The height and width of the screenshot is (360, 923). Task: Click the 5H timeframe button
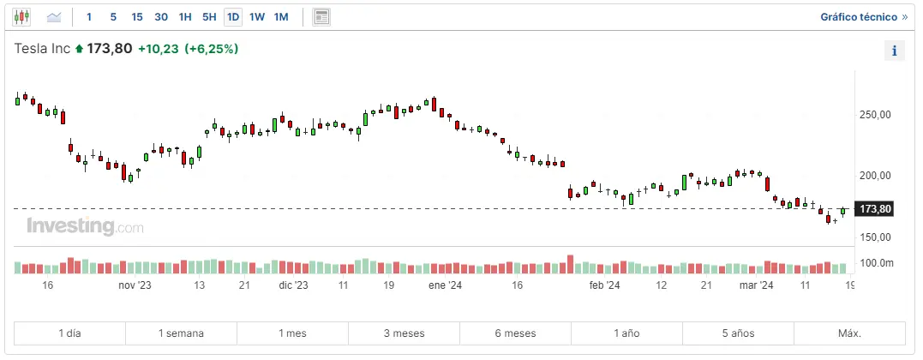click(209, 17)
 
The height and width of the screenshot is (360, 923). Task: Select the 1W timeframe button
click(257, 17)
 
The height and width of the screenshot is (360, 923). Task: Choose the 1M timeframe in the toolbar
click(281, 17)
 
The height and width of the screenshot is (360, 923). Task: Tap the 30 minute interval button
click(161, 17)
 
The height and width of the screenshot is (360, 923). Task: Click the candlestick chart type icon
click(21, 17)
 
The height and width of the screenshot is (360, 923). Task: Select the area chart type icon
click(54, 17)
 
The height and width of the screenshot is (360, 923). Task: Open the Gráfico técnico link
click(863, 17)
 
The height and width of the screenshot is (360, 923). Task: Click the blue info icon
click(894, 51)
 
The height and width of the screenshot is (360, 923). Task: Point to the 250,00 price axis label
click(875, 114)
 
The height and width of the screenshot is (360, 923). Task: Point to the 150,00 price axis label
click(875, 237)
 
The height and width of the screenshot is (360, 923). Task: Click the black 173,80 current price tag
click(875, 209)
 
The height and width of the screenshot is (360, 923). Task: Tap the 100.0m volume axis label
click(876, 263)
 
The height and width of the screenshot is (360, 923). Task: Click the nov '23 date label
click(135, 285)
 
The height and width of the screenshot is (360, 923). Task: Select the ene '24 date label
click(445, 285)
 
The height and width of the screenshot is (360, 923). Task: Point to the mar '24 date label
click(757, 285)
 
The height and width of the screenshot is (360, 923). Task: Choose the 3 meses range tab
click(404, 333)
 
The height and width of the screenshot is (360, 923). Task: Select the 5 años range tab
click(738, 333)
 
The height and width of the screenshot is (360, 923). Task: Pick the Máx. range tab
click(849, 333)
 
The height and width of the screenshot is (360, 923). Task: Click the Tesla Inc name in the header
click(42, 49)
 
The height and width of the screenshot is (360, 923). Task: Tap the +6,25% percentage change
click(212, 49)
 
